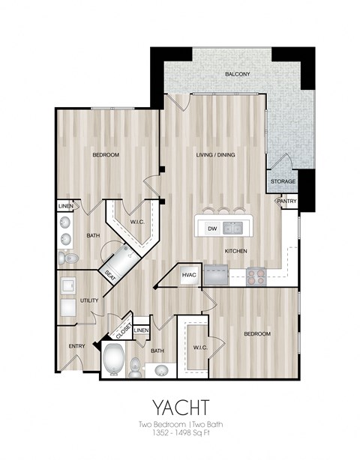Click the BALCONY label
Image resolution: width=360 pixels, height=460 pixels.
click(237, 74)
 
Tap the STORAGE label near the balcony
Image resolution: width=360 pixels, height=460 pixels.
click(283, 181)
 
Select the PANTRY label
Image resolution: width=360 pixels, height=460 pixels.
click(286, 201)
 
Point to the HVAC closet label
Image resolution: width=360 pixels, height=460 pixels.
click(189, 275)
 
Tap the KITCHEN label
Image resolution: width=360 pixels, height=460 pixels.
click(235, 251)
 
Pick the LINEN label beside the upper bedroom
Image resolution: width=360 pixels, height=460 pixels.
click(66, 206)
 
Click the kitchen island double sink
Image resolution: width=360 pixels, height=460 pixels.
click(232, 229)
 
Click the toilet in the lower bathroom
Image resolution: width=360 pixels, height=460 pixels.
click(136, 366)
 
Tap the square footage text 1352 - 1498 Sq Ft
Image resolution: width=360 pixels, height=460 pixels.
click(180, 434)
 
